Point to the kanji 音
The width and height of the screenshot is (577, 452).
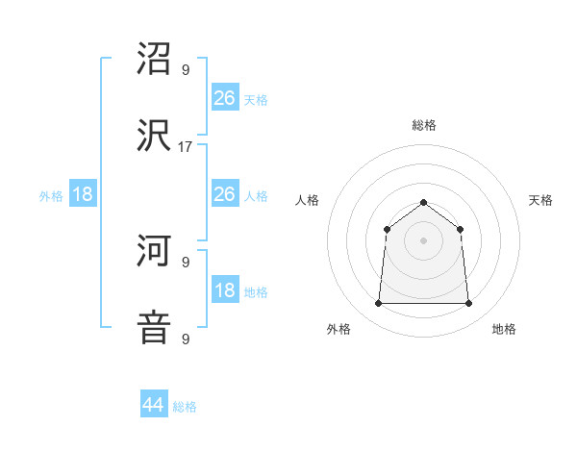coord(155,326)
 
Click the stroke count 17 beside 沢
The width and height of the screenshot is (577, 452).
coord(185,147)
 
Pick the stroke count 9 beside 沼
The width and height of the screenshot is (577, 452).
coord(185,70)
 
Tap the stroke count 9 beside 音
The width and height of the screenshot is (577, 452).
coord(185,339)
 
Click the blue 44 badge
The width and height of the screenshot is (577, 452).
coord(154,405)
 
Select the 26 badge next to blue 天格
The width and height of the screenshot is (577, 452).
coord(224,97)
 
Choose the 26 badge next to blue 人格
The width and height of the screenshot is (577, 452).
coord(224,194)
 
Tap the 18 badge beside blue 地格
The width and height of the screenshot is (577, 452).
coord(224,290)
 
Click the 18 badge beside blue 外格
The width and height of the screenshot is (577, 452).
coord(84,194)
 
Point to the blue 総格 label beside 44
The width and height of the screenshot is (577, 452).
coord(186,407)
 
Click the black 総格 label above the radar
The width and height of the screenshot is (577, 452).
coord(424,125)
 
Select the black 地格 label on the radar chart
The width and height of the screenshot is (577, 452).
coord(504,329)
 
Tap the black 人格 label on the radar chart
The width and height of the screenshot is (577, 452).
coord(308,200)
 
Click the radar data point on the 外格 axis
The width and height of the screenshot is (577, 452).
coord(379,304)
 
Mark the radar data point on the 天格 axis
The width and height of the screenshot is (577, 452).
coord(461,229)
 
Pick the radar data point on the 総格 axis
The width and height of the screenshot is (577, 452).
coord(424,202)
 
